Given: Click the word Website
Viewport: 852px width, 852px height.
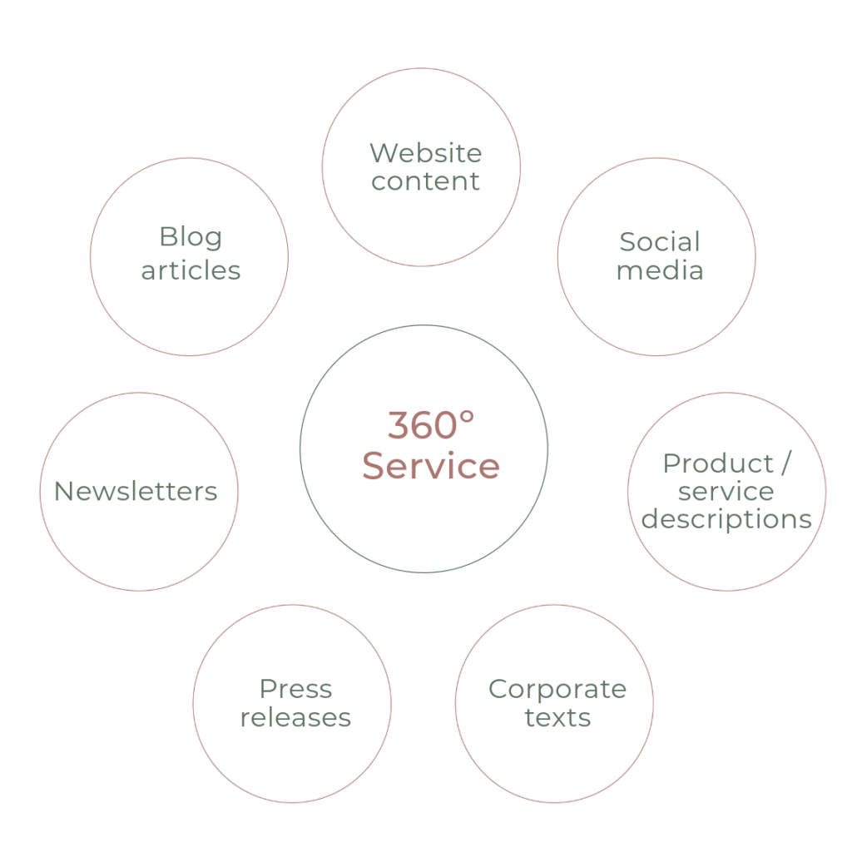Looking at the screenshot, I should point(425,153).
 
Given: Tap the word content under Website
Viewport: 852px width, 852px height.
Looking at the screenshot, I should point(425,181).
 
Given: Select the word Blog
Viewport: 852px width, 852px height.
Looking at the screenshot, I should point(191,238).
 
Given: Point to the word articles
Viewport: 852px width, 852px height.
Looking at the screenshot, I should point(191,270).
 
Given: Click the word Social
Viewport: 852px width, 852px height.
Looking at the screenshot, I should point(659,242).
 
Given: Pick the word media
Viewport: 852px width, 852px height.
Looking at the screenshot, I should point(659,270).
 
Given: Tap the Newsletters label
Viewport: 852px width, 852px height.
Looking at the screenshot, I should point(136,492).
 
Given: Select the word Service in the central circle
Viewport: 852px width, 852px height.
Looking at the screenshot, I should point(430,466).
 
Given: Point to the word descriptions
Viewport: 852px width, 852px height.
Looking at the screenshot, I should point(727,520).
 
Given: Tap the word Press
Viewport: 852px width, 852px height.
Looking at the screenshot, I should point(296,689).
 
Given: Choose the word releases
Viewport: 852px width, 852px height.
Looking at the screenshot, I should point(296,717).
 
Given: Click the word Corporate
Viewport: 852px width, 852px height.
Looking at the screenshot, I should point(557,689).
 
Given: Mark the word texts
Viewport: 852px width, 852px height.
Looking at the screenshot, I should point(557,717).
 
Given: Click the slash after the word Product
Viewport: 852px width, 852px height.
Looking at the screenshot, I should point(785,463).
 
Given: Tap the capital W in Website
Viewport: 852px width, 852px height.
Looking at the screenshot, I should point(382,153).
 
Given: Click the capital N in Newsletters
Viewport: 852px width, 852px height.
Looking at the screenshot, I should point(62,492).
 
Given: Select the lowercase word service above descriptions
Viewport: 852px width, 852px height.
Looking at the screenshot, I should point(726,492).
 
